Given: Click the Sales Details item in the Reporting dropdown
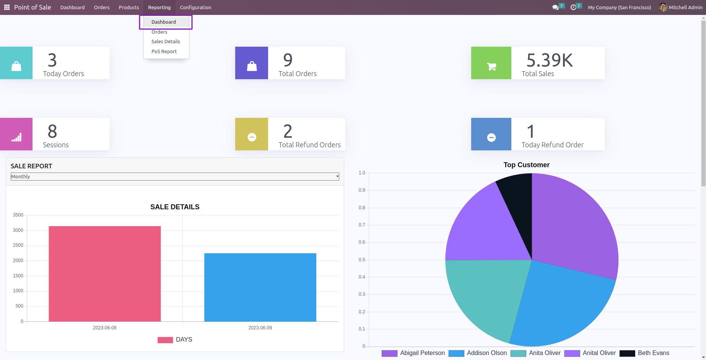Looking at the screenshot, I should coord(166,42).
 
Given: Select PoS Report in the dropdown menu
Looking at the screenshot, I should coord(164,52).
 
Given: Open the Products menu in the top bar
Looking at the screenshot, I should coord(129,7).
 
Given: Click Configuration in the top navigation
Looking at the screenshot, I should coord(195,7).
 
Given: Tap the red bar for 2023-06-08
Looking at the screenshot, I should coord(104,274).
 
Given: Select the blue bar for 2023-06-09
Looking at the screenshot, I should coord(260,287).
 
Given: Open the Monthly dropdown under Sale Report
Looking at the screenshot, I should coord(175,176).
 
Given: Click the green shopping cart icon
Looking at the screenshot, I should coord(491,67).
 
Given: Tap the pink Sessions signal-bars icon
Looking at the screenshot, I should coord(16,137).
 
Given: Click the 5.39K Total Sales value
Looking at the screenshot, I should coord(550,60).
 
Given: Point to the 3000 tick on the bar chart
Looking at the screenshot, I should coord(18,230).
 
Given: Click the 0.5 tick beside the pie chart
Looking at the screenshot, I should coord(362,260).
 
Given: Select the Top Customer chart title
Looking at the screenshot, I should coord(526,165).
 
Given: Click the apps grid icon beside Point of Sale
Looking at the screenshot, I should coord(7,7).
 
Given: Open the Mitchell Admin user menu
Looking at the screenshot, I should coord(681,7).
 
